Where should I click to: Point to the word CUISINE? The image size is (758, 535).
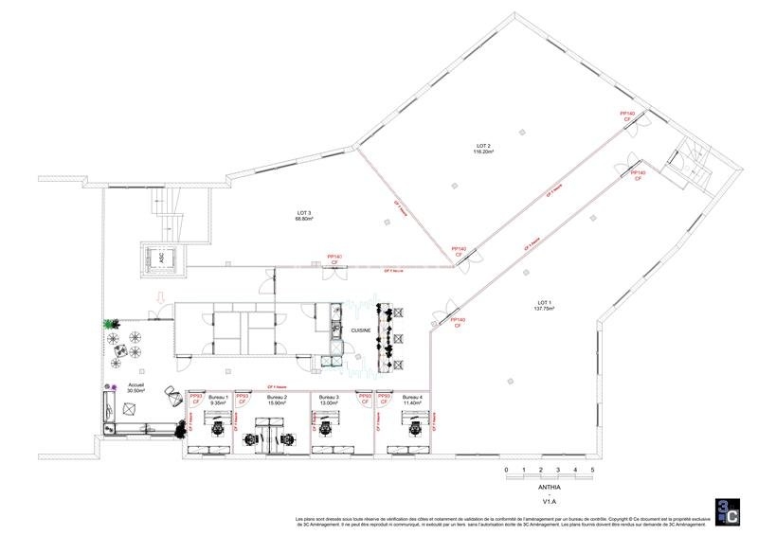pos(360,330)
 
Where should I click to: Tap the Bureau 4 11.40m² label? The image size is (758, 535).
pos(412,400)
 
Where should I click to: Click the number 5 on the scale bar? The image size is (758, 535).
pos(592,470)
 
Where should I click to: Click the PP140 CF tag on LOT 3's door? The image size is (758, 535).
pos(334,259)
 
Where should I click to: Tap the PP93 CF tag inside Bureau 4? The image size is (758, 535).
pos(387,400)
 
